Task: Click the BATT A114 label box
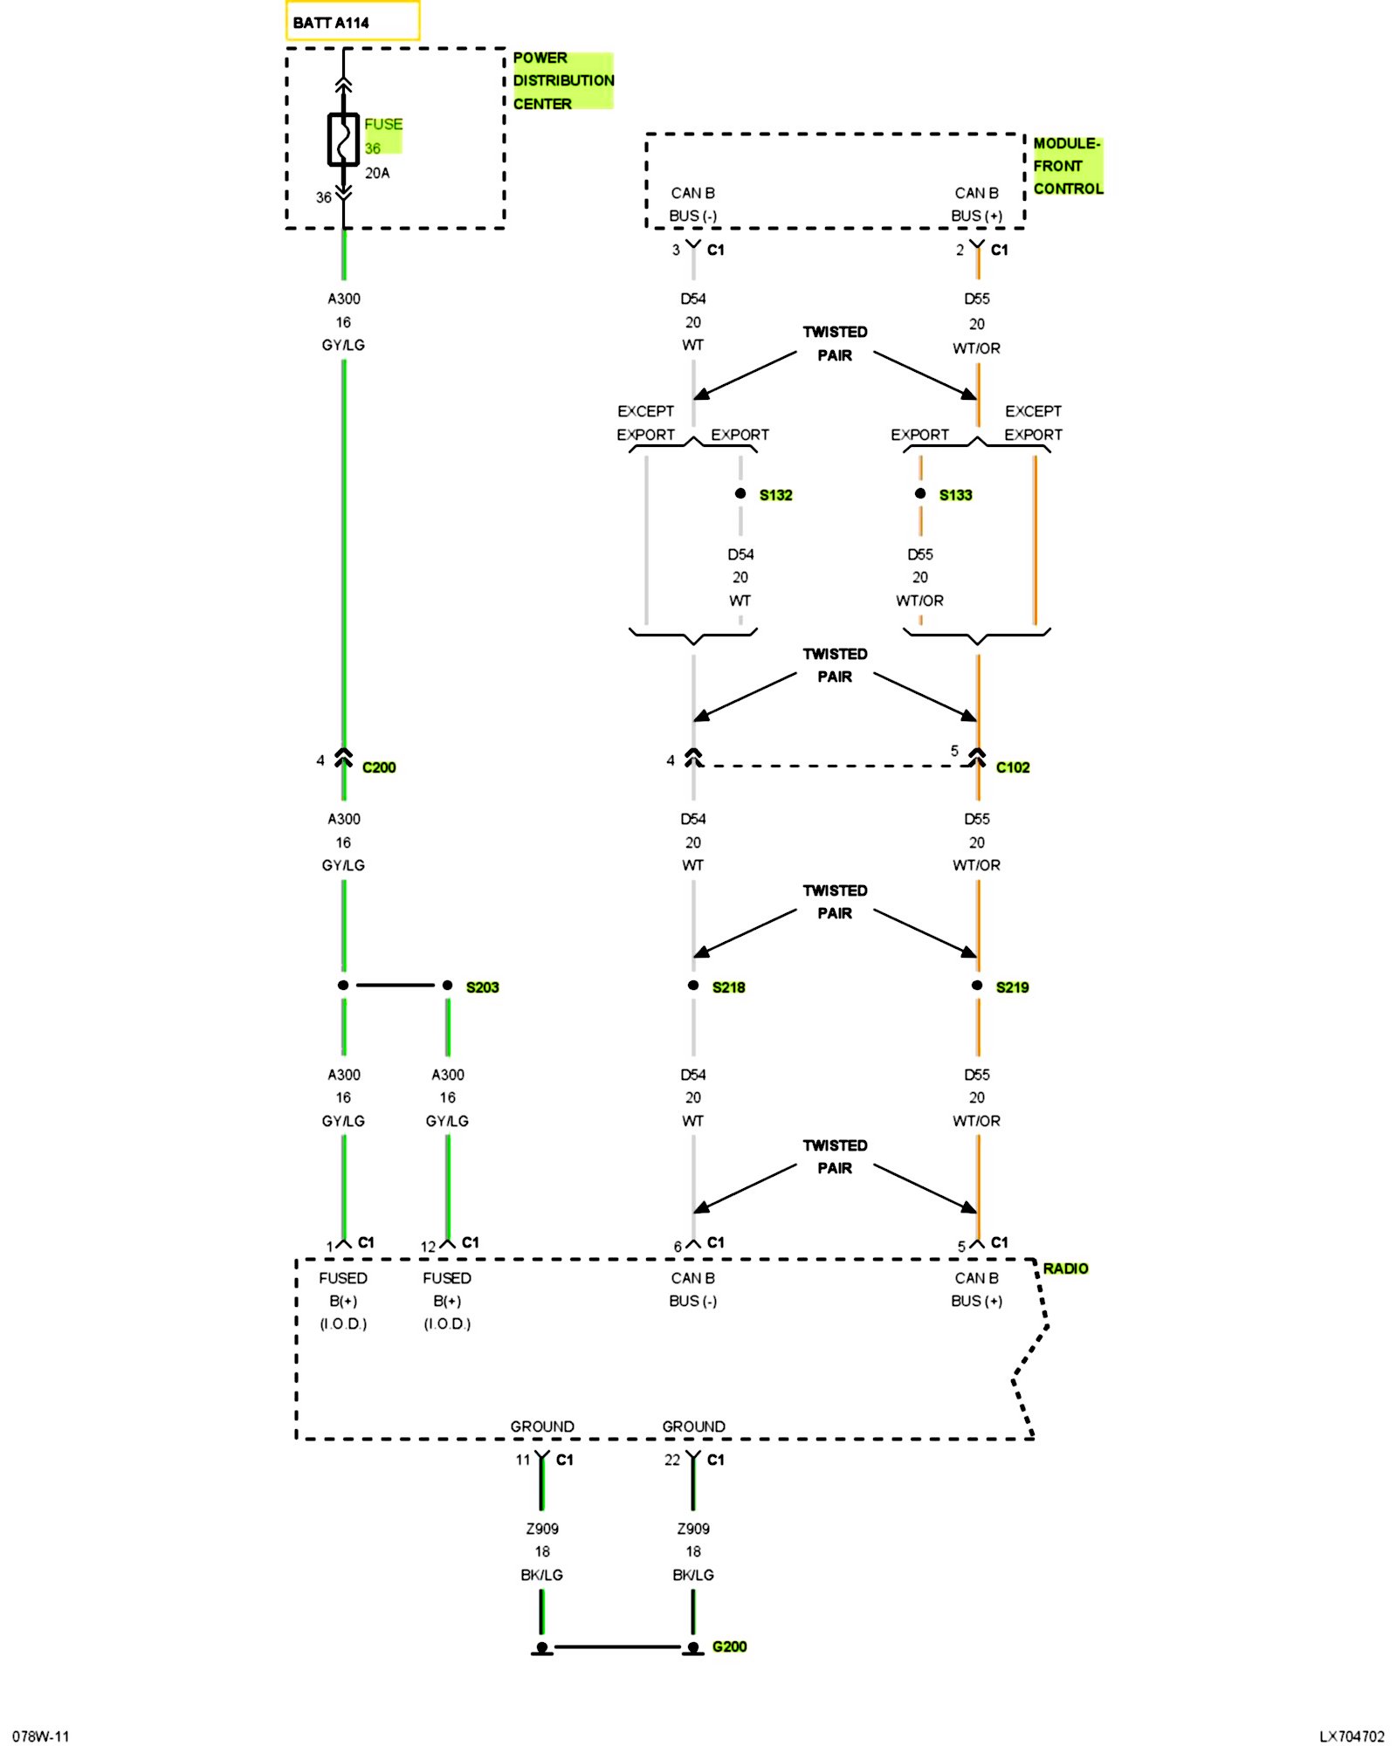point(352,22)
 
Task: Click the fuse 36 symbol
point(343,140)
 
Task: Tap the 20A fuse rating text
point(377,173)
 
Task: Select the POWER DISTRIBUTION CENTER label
point(563,80)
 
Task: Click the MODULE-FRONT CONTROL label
point(1067,166)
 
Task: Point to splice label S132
point(775,495)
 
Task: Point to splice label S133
point(955,495)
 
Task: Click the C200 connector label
point(379,767)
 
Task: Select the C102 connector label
point(1013,767)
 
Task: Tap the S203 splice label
point(482,987)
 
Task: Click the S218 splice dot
point(693,986)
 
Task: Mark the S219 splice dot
point(977,986)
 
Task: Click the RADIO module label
point(1065,1268)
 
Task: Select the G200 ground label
point(729,1646)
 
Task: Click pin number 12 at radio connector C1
point(428,1247)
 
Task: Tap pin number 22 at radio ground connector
point(671,1460)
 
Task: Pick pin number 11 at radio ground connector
point(522,1460)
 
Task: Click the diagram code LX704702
point(1352,1736)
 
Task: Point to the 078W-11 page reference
point(41,1736)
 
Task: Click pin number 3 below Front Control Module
point(676,251)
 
